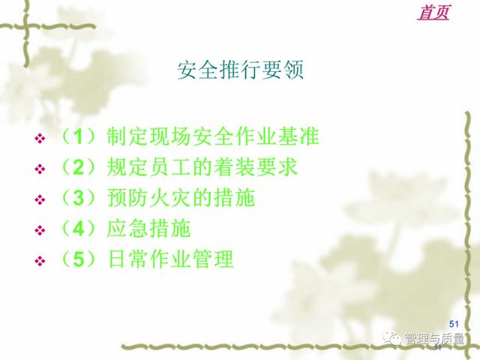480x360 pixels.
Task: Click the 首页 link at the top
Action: tap(433, 13)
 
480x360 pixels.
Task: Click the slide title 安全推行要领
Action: tap(240, 70)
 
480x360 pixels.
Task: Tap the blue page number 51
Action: tap(454, 324)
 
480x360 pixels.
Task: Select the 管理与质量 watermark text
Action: tap(434, 338)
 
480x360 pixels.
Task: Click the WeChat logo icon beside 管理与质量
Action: tap(391, 338)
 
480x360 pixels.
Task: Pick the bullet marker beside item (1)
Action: tap(40, 138)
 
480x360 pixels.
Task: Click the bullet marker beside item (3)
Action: tap(40, 200)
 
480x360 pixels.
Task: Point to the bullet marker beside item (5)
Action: tap(40, 261)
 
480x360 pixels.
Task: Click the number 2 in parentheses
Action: tap(78, 167)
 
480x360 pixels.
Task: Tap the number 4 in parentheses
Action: tap(78, 228)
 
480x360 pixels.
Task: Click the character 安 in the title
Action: tap(187, 70)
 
